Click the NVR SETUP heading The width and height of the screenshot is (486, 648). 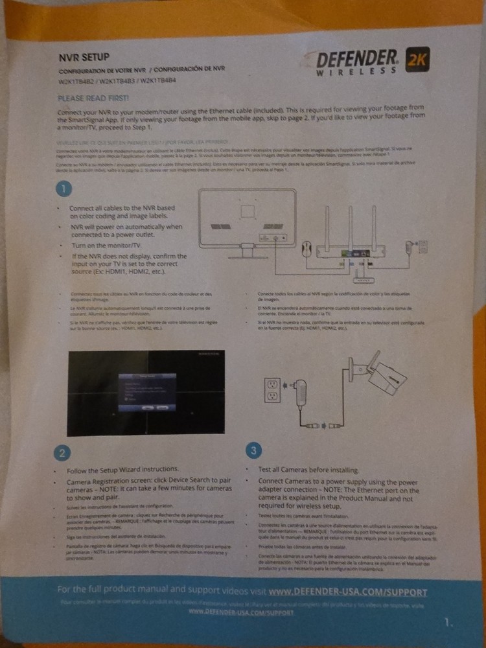(81, 56)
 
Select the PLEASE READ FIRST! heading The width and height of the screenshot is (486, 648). (94, 98)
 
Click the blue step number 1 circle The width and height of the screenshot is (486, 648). (63, 189)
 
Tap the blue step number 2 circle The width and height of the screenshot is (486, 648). (60, 451)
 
